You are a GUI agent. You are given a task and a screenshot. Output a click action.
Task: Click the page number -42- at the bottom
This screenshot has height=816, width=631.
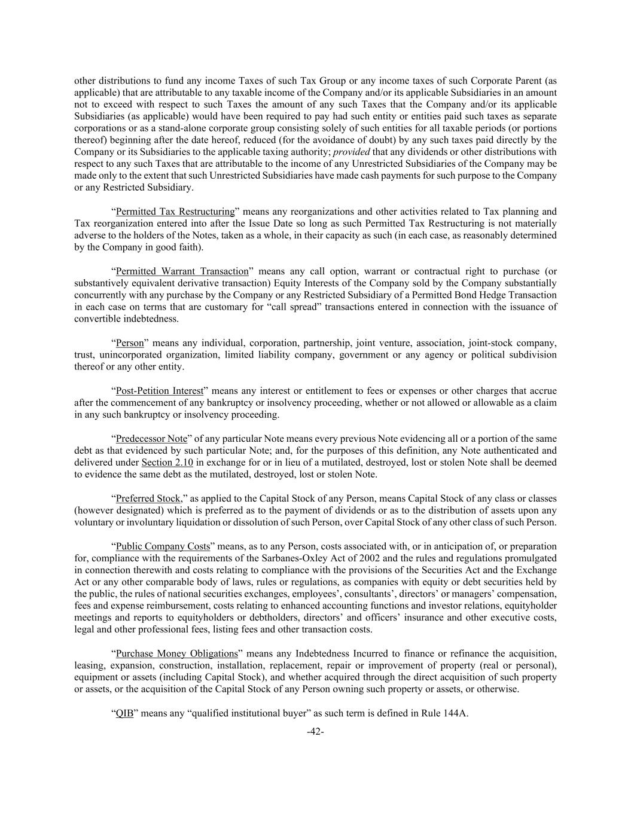point(315,731)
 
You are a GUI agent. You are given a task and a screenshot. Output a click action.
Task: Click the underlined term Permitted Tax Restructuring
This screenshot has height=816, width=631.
point(175,212)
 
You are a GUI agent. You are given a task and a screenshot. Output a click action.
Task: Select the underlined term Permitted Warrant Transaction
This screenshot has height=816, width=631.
point(182,271)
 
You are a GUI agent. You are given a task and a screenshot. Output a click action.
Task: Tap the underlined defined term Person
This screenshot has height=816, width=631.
point(130,343)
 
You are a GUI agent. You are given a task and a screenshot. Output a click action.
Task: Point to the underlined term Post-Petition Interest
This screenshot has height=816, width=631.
point(160,391)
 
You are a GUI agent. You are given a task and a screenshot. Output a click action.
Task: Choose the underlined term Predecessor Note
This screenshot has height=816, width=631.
point(151,439)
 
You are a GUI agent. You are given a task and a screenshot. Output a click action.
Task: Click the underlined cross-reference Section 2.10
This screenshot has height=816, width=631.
point(167,463)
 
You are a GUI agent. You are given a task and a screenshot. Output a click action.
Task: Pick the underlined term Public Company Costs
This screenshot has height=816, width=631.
point(163,546)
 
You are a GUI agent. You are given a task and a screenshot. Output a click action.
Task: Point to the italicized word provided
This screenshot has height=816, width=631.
point(352,152)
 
